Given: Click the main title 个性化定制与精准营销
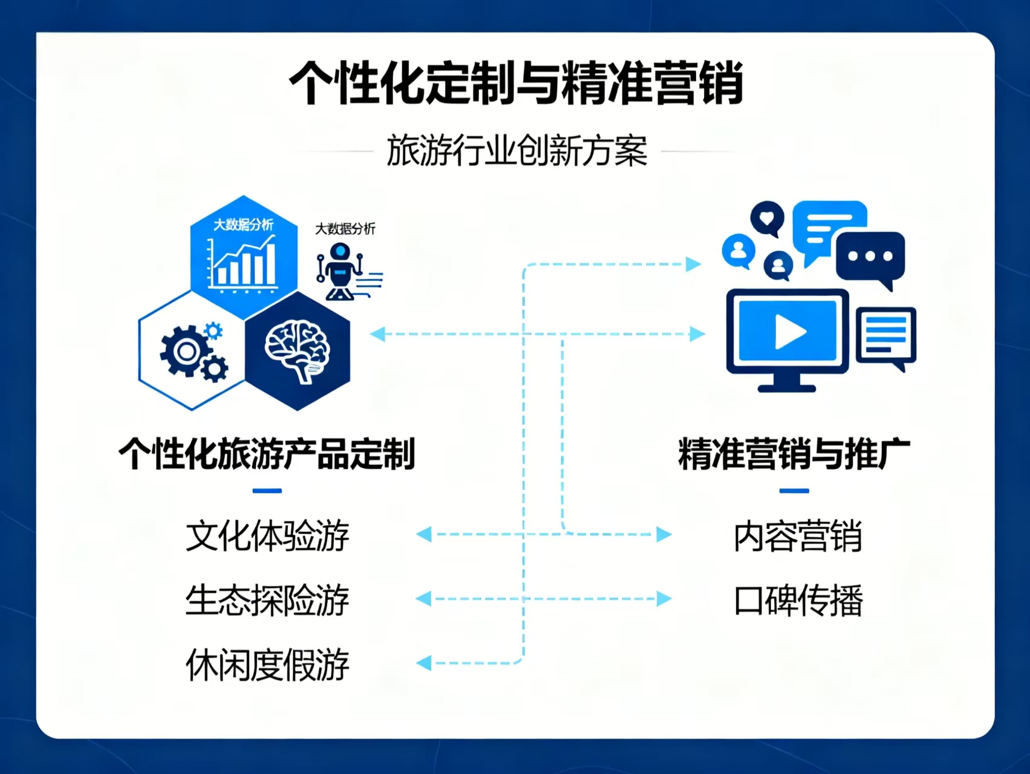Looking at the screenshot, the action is pos(516,82).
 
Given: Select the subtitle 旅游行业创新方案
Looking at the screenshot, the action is pos(517,151).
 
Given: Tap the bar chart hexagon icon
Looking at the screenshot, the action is pos(243,257).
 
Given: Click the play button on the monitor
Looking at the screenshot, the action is pos(790,332).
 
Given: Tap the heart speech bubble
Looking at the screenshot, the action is pos(767,218).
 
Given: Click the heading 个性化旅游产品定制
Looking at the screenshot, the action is pos(267,453).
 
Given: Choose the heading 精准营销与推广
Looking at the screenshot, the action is pos(794,453).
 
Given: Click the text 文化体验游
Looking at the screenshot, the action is pos(267,536).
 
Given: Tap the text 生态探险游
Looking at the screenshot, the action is pos(267,600).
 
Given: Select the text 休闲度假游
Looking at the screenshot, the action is pos(267,664).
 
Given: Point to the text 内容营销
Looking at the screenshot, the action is pos(798,536).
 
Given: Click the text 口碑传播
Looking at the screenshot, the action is pos(798,600).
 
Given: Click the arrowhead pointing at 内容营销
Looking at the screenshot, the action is pos(664,534).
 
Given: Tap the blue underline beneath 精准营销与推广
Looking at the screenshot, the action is pos(794,491).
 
